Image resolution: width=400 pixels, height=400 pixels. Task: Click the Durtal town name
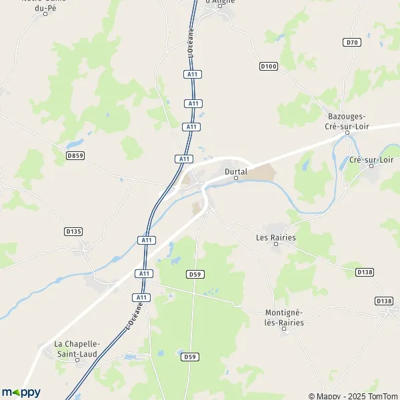click(x=236, y=171)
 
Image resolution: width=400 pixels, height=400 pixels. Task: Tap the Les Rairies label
click(x=276, y=237)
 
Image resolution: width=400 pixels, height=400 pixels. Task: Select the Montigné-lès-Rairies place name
click(x=285, y=318)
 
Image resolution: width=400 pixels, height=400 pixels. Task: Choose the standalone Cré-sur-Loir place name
click(x=371, y=160)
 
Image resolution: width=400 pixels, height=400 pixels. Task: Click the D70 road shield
click(x=353, y=42)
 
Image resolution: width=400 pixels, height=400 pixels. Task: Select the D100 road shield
click(x=268, y=66)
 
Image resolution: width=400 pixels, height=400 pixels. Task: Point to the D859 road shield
click(x=75, y=155)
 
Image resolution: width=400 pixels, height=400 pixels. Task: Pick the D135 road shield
click(x=73, y=231)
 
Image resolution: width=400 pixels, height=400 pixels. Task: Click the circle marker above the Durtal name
click(x=236, y=179)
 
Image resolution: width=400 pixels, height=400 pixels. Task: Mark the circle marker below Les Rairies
click(x=277, y=244)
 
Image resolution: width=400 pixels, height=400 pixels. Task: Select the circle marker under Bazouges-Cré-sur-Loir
click(x=347, y=132)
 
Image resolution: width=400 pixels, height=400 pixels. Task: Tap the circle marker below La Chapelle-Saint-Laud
click(x=77, y=359)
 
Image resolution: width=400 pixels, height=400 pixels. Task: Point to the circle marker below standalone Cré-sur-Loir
click(x=371, y=167)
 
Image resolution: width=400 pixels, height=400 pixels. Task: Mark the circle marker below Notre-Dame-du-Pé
click(x=45, y=13)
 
